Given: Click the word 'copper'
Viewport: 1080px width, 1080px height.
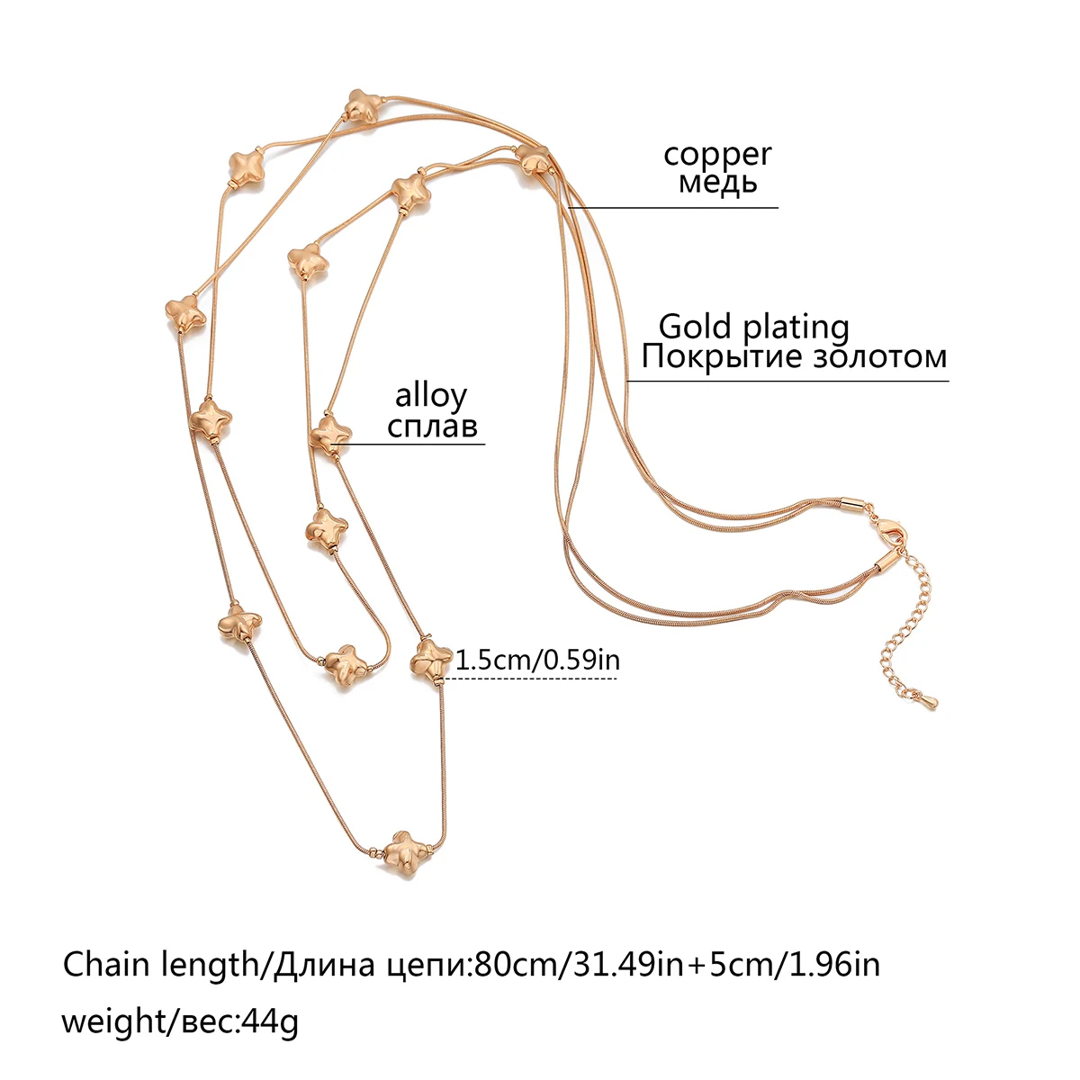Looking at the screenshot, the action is (717, 155).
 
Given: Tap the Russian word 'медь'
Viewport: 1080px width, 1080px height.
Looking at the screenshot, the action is (717, 183).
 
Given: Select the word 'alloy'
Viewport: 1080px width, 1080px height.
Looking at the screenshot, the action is (431, 396).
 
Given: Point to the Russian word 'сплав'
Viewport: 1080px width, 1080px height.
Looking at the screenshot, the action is (432, 425).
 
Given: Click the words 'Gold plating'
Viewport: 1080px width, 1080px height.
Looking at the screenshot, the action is (753, 327).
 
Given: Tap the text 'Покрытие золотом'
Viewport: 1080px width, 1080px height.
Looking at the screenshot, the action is (794, 356).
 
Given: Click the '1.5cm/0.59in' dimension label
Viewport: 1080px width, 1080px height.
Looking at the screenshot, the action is (538, 660).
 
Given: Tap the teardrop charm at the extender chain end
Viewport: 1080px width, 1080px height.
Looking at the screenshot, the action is (926, 697).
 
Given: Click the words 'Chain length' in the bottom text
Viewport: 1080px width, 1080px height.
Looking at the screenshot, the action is (159, 965).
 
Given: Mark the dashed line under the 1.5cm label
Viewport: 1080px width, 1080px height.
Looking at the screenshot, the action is (531, 679).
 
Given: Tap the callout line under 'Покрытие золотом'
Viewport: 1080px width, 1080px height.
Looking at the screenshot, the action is (787, 381).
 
